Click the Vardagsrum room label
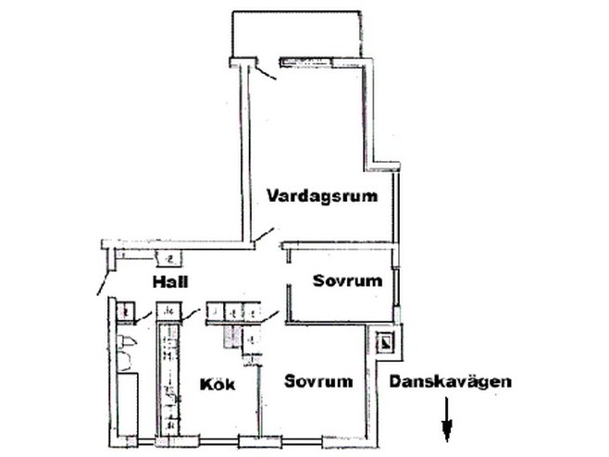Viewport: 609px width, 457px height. click(x=322, y=196)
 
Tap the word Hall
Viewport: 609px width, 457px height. click(x=170, y=281)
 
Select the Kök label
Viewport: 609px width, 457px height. click(x=217, y=385)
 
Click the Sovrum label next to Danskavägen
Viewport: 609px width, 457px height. click(x=318, y=381)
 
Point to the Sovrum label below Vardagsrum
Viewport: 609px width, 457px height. click(x=348, y=280)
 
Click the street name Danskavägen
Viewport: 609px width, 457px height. click(x=451, y=381)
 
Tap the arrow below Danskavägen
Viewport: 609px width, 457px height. click(x=447, y=419)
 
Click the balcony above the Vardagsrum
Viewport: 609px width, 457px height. click(x=297, y=35)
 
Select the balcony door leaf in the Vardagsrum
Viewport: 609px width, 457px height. click(x=266, y=72)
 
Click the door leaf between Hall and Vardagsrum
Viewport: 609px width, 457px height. click(x=264, y=234)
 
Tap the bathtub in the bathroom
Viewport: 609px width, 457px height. click(x=128, y=403)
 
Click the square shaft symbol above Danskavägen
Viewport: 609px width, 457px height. click(x=386, y=342)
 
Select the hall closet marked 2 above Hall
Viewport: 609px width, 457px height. click(x=169, y=259)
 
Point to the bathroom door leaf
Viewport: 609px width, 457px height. click(x=143, y=317)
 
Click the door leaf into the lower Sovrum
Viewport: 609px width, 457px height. click(x=270, y=316)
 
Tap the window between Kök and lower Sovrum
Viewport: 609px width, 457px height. click(x=260, y=442)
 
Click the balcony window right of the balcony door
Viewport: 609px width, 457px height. click(x=307, y=61)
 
